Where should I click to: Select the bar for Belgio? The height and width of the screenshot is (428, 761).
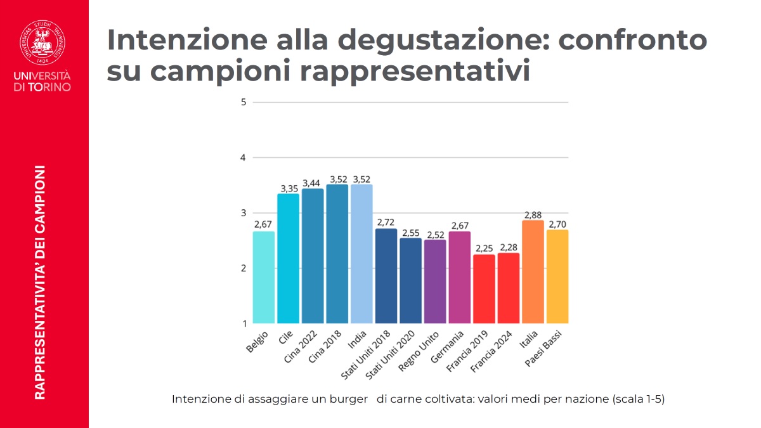(x=264, y=277)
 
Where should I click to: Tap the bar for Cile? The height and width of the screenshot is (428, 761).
(x=288, y=258)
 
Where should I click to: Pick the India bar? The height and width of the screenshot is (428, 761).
(x=361, y=254)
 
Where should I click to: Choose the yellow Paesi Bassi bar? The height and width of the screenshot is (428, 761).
(x=557, y=276)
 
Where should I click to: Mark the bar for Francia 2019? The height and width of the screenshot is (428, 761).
(x=484, y=289)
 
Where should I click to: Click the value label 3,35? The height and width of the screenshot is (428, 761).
(x=288, y=188)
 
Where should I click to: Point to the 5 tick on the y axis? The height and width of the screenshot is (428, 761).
(x=244, y=102)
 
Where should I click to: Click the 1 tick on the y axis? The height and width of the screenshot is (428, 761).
(x=244, y=323)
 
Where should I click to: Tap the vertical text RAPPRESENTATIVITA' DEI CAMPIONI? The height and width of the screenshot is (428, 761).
(x=40, y=282)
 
